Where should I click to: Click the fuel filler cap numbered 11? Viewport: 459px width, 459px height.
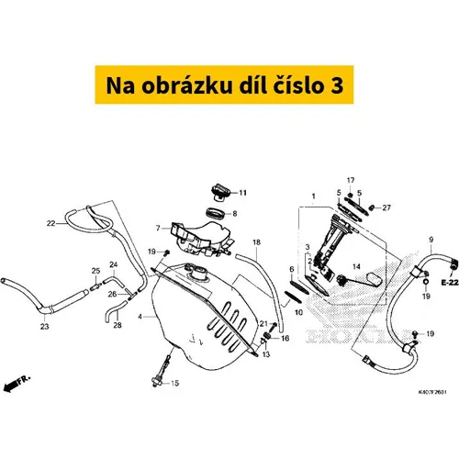click(220, 192)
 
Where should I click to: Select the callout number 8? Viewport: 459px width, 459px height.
click(235, 213)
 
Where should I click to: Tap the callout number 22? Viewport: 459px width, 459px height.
click(50, 223)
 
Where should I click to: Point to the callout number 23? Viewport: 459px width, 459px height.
click(45, 327)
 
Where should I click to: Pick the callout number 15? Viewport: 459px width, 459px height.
click(174, 383)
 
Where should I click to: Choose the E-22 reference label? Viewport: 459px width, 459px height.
click(450, 283)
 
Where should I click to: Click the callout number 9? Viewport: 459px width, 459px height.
click(431, 240)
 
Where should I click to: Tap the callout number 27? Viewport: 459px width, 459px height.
click(386, 207)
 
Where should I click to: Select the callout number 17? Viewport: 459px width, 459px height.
click(351, 180)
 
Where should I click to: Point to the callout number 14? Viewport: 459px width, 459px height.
click(356, 267)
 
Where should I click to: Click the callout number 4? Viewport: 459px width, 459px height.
click(140, 317)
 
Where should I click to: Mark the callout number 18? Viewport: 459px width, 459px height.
click(256, 242)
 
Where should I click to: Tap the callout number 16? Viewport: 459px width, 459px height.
click(285, 338)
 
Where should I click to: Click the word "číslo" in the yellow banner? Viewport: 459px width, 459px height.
click(298, 85)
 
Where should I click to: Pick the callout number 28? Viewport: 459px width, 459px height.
click(118, 325)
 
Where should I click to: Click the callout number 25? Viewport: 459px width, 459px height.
click(95, 271)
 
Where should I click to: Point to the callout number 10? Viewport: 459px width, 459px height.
click(298, 312)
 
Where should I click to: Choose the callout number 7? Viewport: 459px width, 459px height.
click(158, 228)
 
